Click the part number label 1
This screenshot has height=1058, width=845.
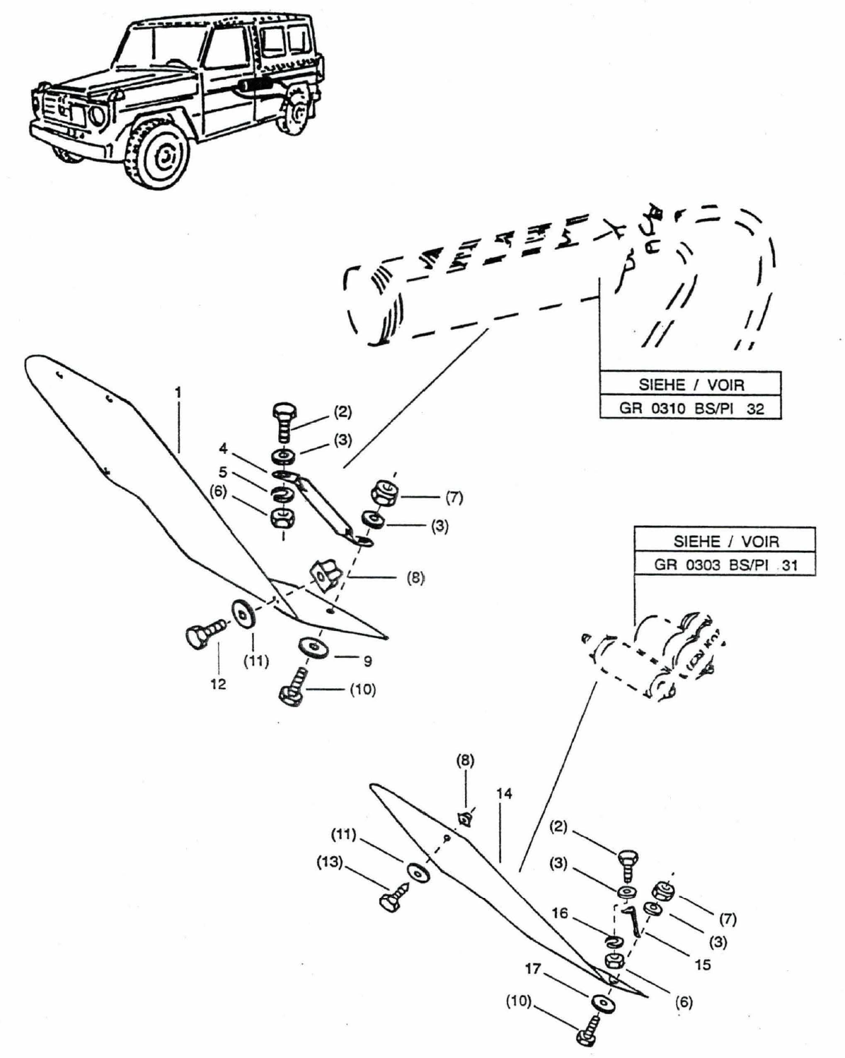coord(178,391)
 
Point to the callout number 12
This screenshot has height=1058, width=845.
coord(218,684)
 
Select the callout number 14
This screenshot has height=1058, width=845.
coord(504,794)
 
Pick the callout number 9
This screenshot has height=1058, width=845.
coord(367,661)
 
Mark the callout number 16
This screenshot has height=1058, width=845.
coord(560,914)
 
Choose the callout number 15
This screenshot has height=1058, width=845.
coord(703,965)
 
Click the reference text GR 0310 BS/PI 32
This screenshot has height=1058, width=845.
coord(690,409)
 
